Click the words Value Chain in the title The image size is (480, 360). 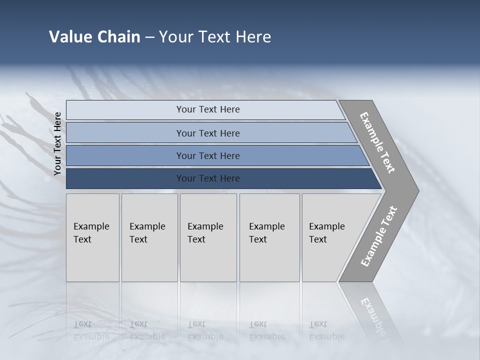[x=94, y=37]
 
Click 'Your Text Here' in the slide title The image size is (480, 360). [x=215, y=37]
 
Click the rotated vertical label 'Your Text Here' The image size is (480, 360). [x=57, y=143]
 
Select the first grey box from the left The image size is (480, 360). [x=92, y=237]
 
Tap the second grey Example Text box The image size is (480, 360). [x=149, y=237]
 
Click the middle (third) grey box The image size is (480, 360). [x=208, y=237]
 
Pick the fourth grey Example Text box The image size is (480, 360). [x=269, y=237]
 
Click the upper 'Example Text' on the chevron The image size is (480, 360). [x=377, y=142]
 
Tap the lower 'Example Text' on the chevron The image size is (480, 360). [x=378, y=236]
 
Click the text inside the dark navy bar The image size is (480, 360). [x=208, y=178]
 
